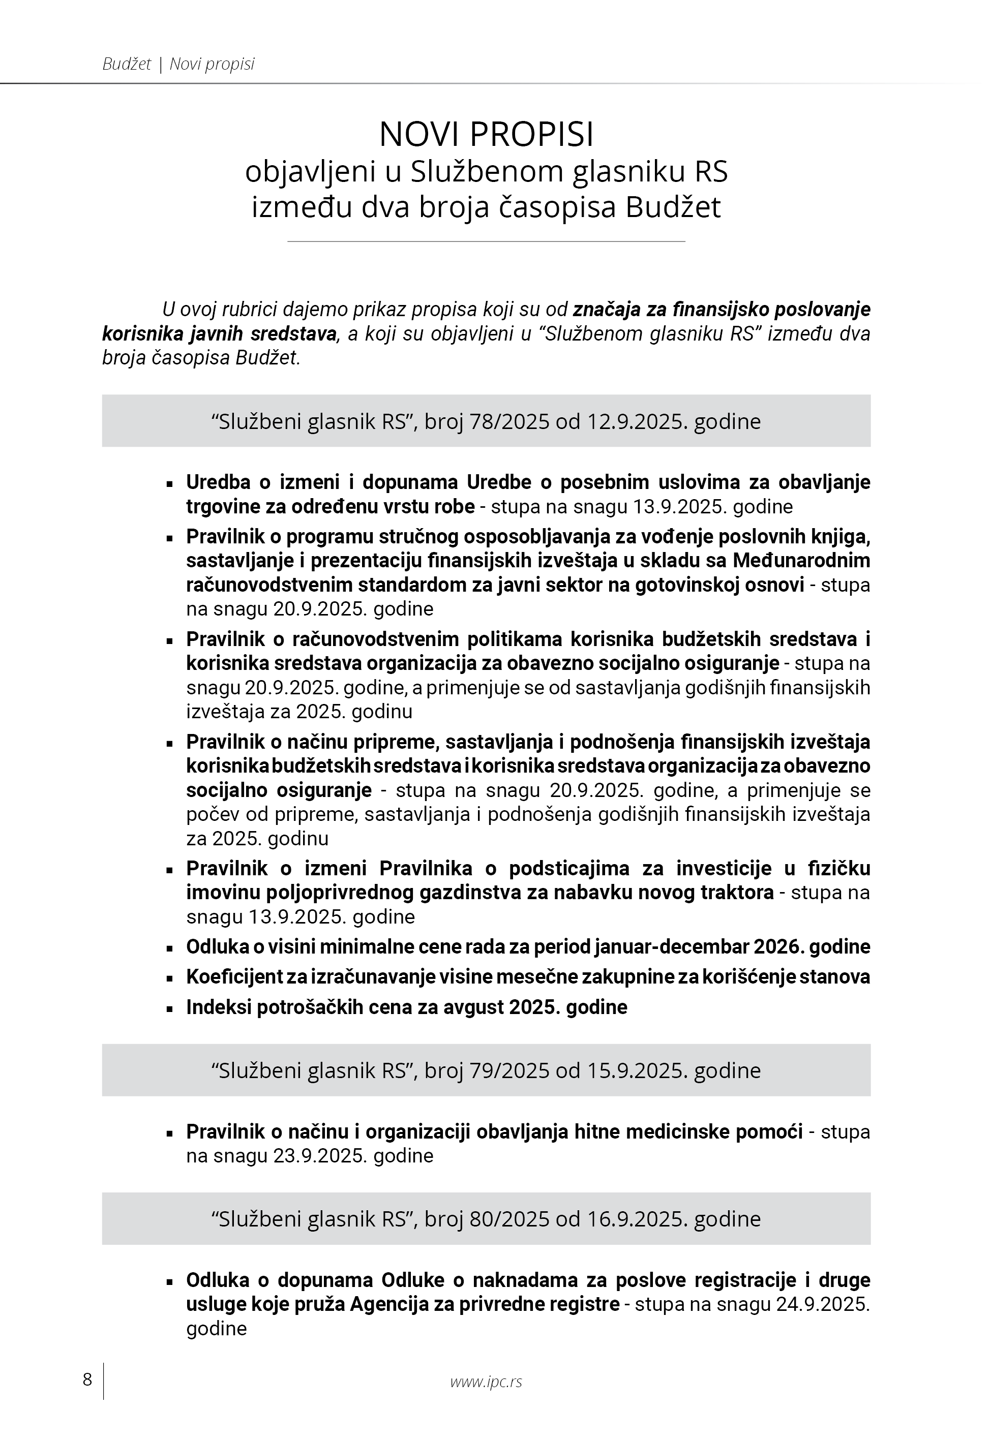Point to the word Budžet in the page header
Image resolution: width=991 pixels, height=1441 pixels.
point(127,65)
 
